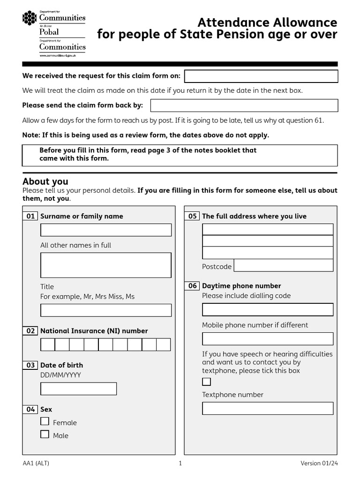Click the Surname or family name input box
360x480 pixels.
[x=106, y=230]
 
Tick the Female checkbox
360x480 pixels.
[x=45, y=421]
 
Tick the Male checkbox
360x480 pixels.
[x=45, y=435]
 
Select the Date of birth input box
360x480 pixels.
[x=78, y=389]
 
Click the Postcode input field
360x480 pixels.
[x=283, y=265]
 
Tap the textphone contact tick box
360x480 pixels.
[x=206, y=382]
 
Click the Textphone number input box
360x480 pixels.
[x=268, y=408]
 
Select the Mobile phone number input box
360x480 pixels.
[x=268, y=339]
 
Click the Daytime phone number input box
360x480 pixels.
[x=268, y=309]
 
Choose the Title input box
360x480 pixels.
[x=106, y=310]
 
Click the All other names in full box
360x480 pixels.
[x=106, y=265]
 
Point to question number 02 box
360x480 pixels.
[x=30, y=331]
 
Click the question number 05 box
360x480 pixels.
[x=192, y=216]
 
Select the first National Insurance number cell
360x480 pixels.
[x=48, y=345]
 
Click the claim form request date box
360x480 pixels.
[x=261, y=76]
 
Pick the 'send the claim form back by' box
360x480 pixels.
[x=244, y=105]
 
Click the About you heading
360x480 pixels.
[x=45, y=181]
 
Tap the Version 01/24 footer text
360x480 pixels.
[x=319, y=464]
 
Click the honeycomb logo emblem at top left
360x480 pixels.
[x=30, y=18]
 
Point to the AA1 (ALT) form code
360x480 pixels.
[x=36, y=464]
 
